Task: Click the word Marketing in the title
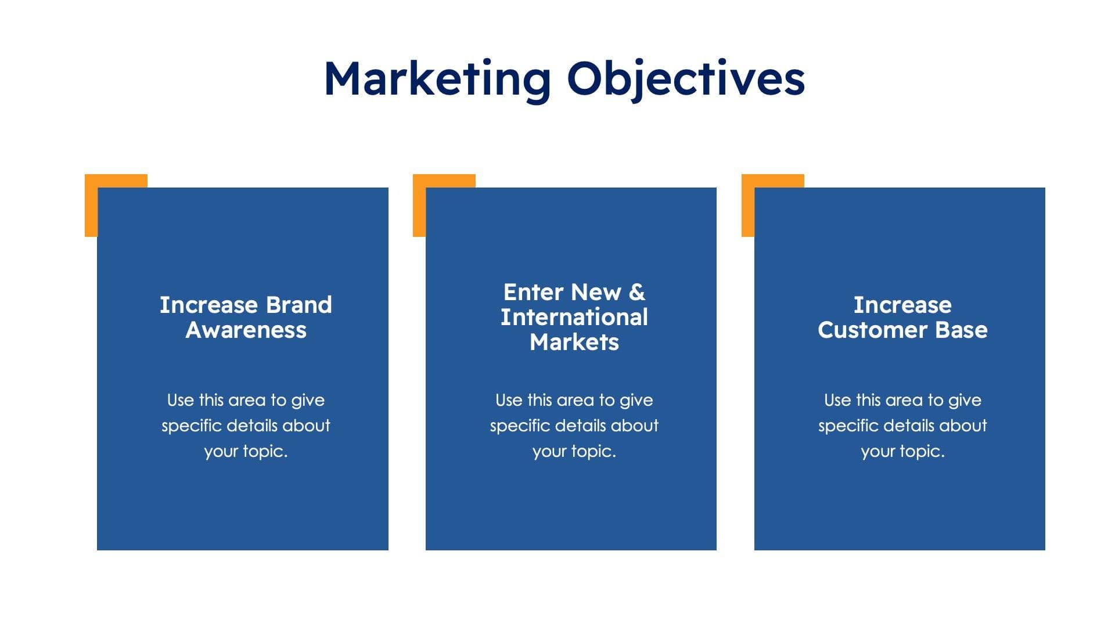(x=437, y=78)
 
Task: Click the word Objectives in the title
(x=686, y=78)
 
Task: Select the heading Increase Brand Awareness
(x=246, y=317)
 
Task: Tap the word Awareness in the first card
(x=246, y=330)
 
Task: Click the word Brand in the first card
(x=298, y=305)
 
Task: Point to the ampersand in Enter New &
(x=637, y=292)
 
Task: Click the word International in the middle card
(x=574, y=317)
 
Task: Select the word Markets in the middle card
(x=574, y=342)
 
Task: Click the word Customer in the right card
(x=872, y=330)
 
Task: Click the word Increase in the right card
(x=902, y=305)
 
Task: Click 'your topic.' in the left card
(x=246, y=451)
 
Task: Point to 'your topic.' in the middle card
(x=574, y=451)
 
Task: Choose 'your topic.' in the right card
(x=902, y=451)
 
